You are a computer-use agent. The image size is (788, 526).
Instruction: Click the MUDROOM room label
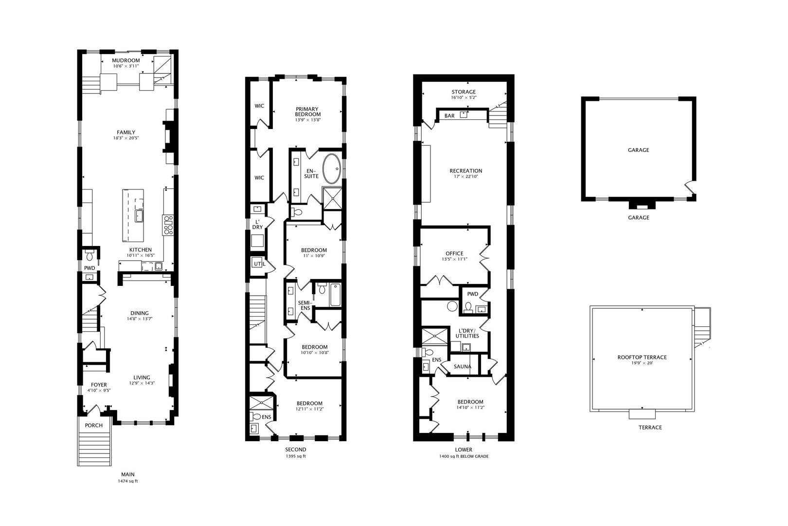coord(126,61)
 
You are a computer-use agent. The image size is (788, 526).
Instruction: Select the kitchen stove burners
coord(168,225)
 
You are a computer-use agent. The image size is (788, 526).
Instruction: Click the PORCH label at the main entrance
coord(94,425)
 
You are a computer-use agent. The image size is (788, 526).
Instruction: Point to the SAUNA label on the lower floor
coord(463,366)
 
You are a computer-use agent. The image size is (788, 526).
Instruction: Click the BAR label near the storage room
coord(449,116)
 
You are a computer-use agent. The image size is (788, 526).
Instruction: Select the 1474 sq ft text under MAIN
coord(128,481)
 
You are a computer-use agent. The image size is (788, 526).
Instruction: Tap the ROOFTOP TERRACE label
coord(642,357)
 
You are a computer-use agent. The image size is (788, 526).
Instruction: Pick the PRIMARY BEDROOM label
coord(307,111)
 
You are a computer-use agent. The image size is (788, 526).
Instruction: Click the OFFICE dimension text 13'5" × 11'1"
coord(454,259)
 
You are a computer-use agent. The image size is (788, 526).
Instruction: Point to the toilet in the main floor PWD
coord(90,256)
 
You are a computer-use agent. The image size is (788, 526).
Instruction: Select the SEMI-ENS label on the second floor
coord(304,305)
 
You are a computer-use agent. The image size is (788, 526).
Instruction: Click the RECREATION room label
coord(466,171)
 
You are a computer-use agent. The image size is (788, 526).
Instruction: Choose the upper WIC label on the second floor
coord(259,106)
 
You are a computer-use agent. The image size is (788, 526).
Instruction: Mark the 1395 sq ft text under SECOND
coord(295,456)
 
